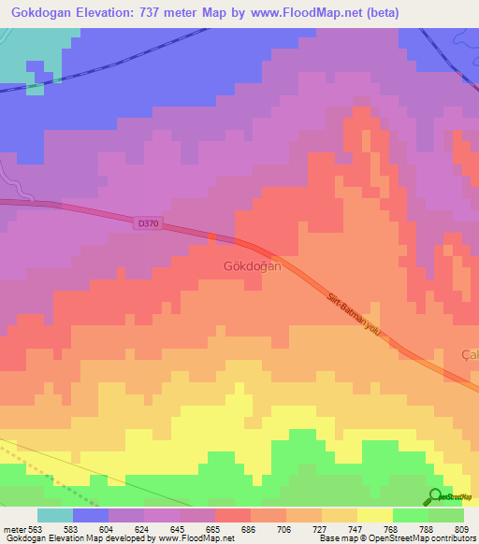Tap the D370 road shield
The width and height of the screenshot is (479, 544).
(x=147, y=223)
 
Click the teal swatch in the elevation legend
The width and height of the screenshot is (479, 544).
(x=55, y=515)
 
